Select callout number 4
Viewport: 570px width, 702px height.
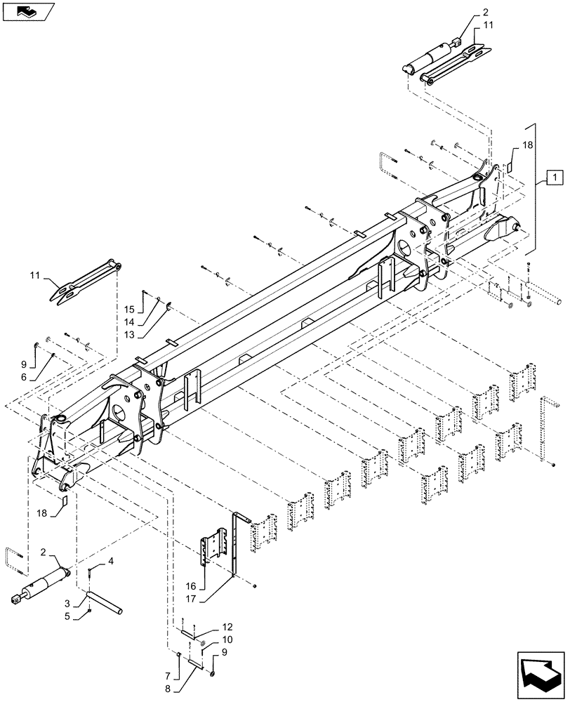pos(110,561)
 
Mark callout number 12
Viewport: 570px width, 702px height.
pos(227,626)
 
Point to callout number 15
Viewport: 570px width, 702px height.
pos(129,309)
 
